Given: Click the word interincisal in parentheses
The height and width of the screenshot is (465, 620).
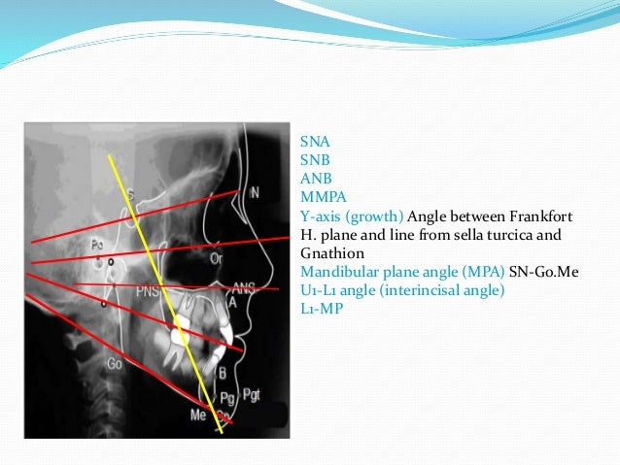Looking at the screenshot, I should pyautogui.click(x=433, y=289).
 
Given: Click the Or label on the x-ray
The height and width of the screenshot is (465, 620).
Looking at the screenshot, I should pyautogui.click(x=216, y=258).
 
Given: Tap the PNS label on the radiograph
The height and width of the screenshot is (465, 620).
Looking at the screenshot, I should pyautogui.click(x=149, y=289).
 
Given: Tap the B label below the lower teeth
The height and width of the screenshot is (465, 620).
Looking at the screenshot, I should pyautogui.click(x=223, y=372).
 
